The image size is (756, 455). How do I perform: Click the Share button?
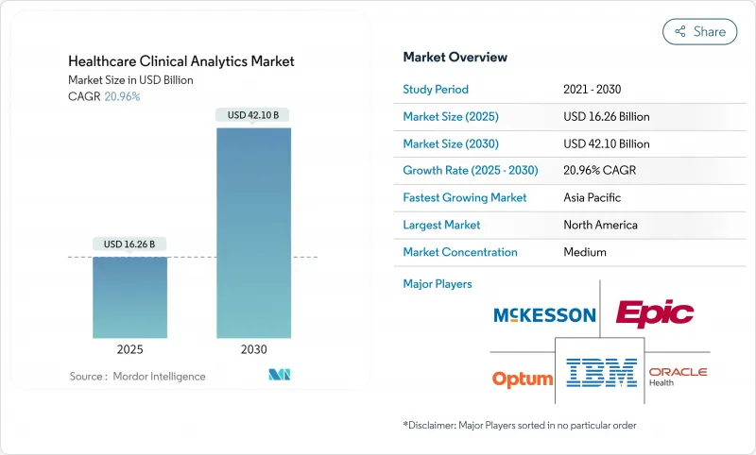[700, 31]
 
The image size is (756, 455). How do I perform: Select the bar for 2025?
[129, 297]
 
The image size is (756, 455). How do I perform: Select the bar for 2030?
[253, 233]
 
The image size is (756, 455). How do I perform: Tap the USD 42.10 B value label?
[253, 115]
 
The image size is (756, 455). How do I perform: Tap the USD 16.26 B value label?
[129, 244]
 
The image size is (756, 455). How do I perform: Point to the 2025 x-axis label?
[129, 349]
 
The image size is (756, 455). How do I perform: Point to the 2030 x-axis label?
[253, 349]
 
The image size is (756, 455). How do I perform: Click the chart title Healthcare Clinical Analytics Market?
[180, 61]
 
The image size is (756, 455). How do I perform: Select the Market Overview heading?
[455, 57]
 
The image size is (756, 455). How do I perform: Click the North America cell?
[600, 225]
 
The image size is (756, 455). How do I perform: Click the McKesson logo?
[543, 315]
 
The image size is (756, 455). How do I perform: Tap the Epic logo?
[654, 312]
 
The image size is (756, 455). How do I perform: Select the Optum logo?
[522, 379]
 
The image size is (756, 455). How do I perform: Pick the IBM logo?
[601, 372]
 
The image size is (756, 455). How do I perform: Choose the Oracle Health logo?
[677, 376]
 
